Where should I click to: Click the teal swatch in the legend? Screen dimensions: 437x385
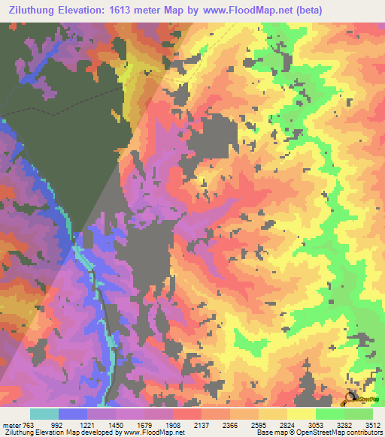44,414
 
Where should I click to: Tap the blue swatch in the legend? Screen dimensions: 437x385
73,414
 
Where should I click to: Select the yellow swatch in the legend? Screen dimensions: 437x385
302,414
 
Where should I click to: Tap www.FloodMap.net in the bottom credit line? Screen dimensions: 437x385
147,432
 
